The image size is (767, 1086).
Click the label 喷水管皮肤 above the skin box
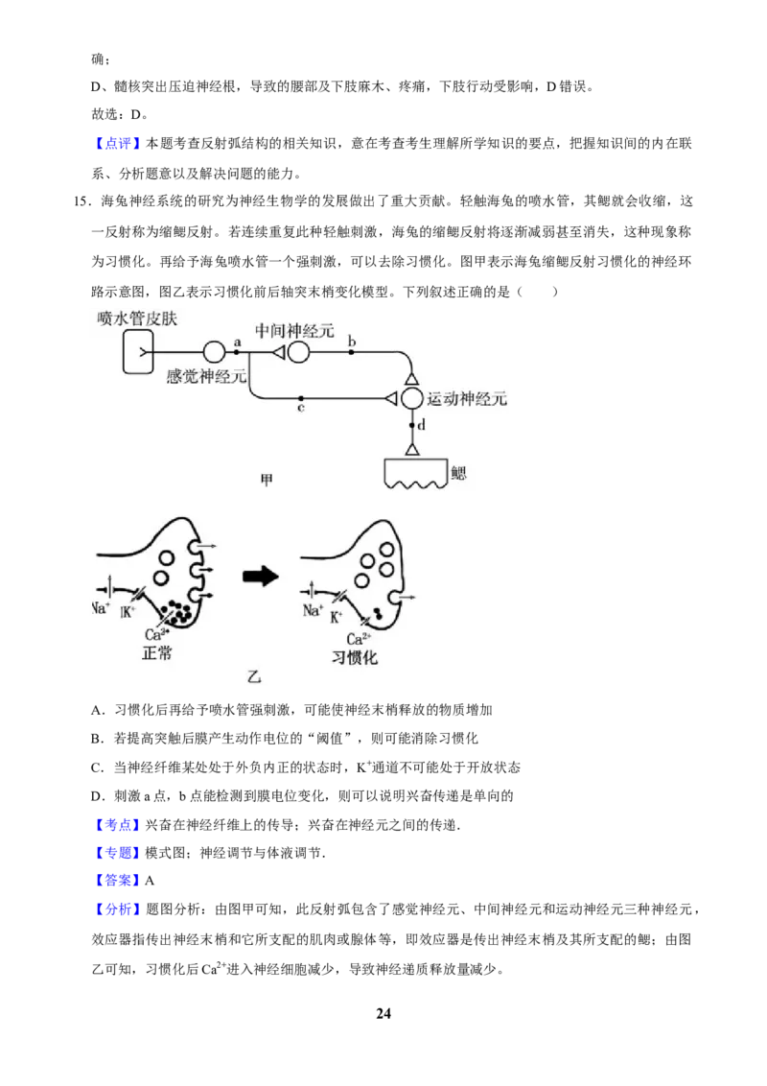point(137,319)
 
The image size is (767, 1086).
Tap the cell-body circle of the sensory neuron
point(214,352)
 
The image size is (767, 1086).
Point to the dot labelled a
point(237,352)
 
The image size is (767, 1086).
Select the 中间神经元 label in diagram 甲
point(295,330)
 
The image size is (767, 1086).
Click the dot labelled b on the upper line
point(352,352)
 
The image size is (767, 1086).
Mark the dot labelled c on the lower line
point(301,398)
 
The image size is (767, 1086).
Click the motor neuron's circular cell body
point(412,398)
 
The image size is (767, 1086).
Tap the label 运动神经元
point(467,398)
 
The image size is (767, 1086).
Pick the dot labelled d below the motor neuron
point(412,425)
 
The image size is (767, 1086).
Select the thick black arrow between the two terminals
point(260,577)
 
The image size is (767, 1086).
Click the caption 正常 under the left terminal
point(157,652)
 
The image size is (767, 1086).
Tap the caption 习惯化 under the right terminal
point(354,656)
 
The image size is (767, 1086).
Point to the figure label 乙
point(255,676)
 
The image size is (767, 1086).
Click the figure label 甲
point(267,480)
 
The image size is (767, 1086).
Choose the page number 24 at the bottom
point(383,1013)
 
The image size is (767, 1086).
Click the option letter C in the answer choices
point(96,767)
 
